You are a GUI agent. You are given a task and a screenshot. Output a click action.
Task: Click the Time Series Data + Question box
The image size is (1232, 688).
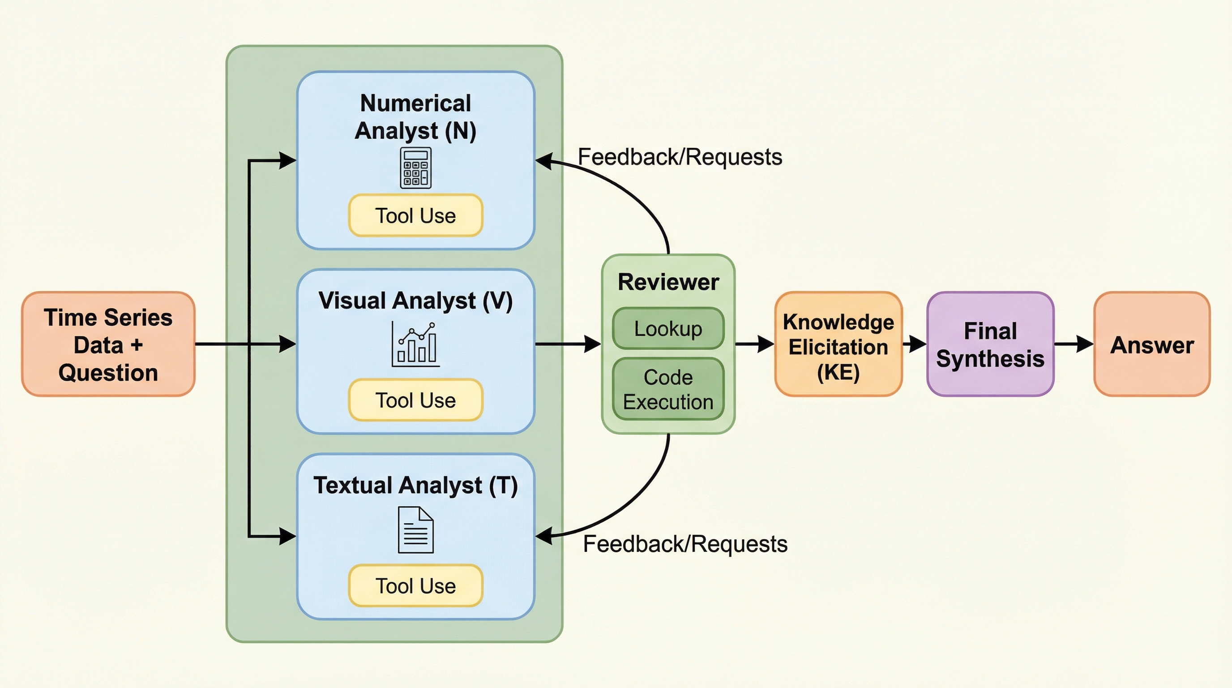108,344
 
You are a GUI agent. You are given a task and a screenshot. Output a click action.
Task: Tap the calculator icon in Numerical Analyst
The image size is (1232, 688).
415,168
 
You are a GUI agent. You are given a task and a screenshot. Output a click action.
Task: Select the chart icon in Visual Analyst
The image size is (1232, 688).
415,344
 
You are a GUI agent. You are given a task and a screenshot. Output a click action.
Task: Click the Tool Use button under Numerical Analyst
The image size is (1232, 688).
415,215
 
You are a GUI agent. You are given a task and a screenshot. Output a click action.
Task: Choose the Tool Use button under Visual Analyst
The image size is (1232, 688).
415,400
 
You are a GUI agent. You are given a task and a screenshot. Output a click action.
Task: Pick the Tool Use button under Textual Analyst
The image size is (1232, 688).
415,585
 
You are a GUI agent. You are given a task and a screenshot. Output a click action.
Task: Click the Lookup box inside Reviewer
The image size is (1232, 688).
667,329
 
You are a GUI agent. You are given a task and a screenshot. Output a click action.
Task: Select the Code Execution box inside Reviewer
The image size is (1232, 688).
667,389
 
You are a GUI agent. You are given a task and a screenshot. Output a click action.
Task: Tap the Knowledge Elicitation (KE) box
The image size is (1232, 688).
838,344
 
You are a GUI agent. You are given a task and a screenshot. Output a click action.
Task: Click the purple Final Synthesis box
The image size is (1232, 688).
990,344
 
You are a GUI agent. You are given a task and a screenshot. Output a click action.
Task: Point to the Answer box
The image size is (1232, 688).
1152,344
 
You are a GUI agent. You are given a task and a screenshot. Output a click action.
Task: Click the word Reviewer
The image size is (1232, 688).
667,282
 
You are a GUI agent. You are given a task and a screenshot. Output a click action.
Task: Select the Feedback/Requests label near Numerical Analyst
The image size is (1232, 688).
680,157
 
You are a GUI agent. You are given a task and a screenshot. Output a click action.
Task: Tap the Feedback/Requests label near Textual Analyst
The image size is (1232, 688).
685,544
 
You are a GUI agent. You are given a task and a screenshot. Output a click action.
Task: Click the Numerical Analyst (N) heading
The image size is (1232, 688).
415,117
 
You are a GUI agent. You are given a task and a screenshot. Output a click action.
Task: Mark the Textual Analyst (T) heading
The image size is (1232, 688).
415,485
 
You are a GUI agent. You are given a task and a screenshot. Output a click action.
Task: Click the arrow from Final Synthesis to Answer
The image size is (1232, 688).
1073,344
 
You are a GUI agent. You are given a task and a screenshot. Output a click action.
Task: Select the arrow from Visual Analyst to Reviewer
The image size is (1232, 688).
567,344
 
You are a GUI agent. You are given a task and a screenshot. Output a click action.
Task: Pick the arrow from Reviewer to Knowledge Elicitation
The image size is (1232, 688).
754,344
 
